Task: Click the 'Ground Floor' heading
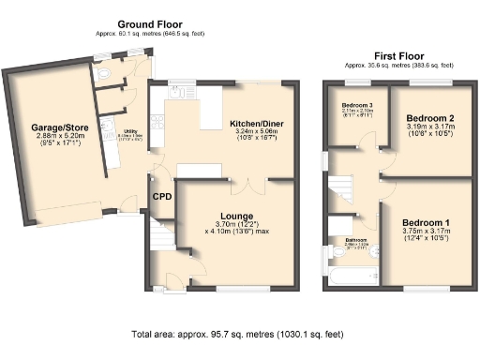click(x=150, y=23)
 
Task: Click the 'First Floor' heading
click(x=398, y=56)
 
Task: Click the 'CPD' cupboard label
click(x=161, y=197)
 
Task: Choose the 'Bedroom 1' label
click(x=427, y=223)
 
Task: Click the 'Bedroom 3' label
click(x=356, y=104)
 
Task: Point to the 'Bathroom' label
click(x=355, y=240)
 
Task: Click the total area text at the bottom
click(x=240, y=335)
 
